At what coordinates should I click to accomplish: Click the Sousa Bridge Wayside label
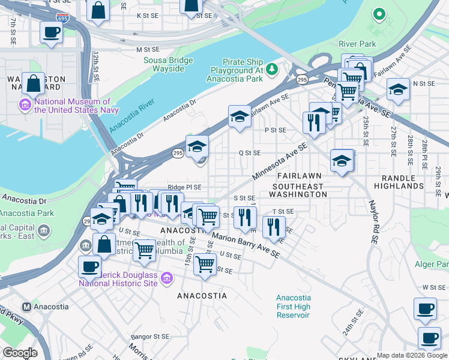coord(168,64)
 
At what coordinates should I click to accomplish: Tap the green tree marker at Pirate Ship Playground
coord(272,70)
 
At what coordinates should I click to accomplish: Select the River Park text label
coord(357,44)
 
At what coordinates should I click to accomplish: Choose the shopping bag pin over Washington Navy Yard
coord(34,84)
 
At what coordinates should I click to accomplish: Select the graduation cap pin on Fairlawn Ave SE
coord(240,116)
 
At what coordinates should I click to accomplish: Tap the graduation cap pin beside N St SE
coord(397,90)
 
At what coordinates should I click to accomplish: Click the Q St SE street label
coord(250,153)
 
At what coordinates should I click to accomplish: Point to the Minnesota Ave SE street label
coord(280,162)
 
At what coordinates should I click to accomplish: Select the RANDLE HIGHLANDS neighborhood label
coord(399,186)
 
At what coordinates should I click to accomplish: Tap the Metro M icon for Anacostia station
coord(26,307)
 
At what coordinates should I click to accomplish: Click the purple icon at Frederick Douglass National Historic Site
coord(166,278)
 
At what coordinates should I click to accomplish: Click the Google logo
coord(20,353)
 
